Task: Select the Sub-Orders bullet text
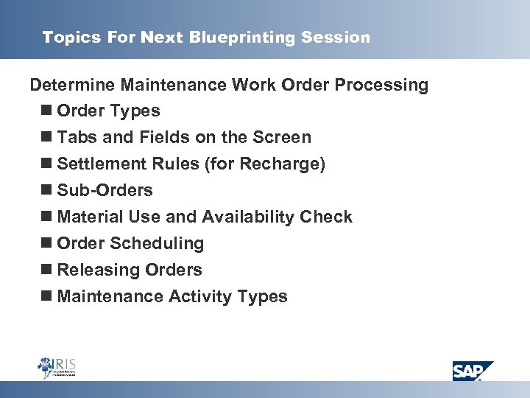(105, 191)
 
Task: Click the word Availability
(249, 217)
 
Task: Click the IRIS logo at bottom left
(57, 366)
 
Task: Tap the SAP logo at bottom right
(473, 370)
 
